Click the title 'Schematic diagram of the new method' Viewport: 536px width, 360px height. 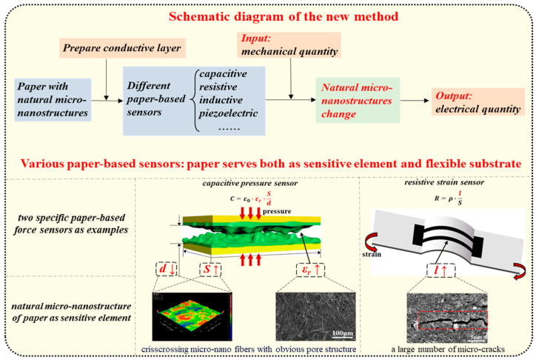(267, 17)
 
